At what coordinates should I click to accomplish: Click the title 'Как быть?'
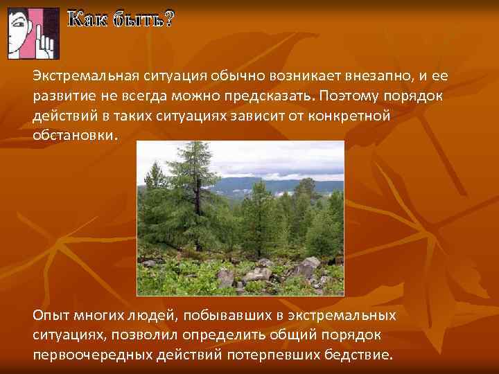(x=121, y=21)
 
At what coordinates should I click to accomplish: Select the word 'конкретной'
(x=352, y=115)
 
